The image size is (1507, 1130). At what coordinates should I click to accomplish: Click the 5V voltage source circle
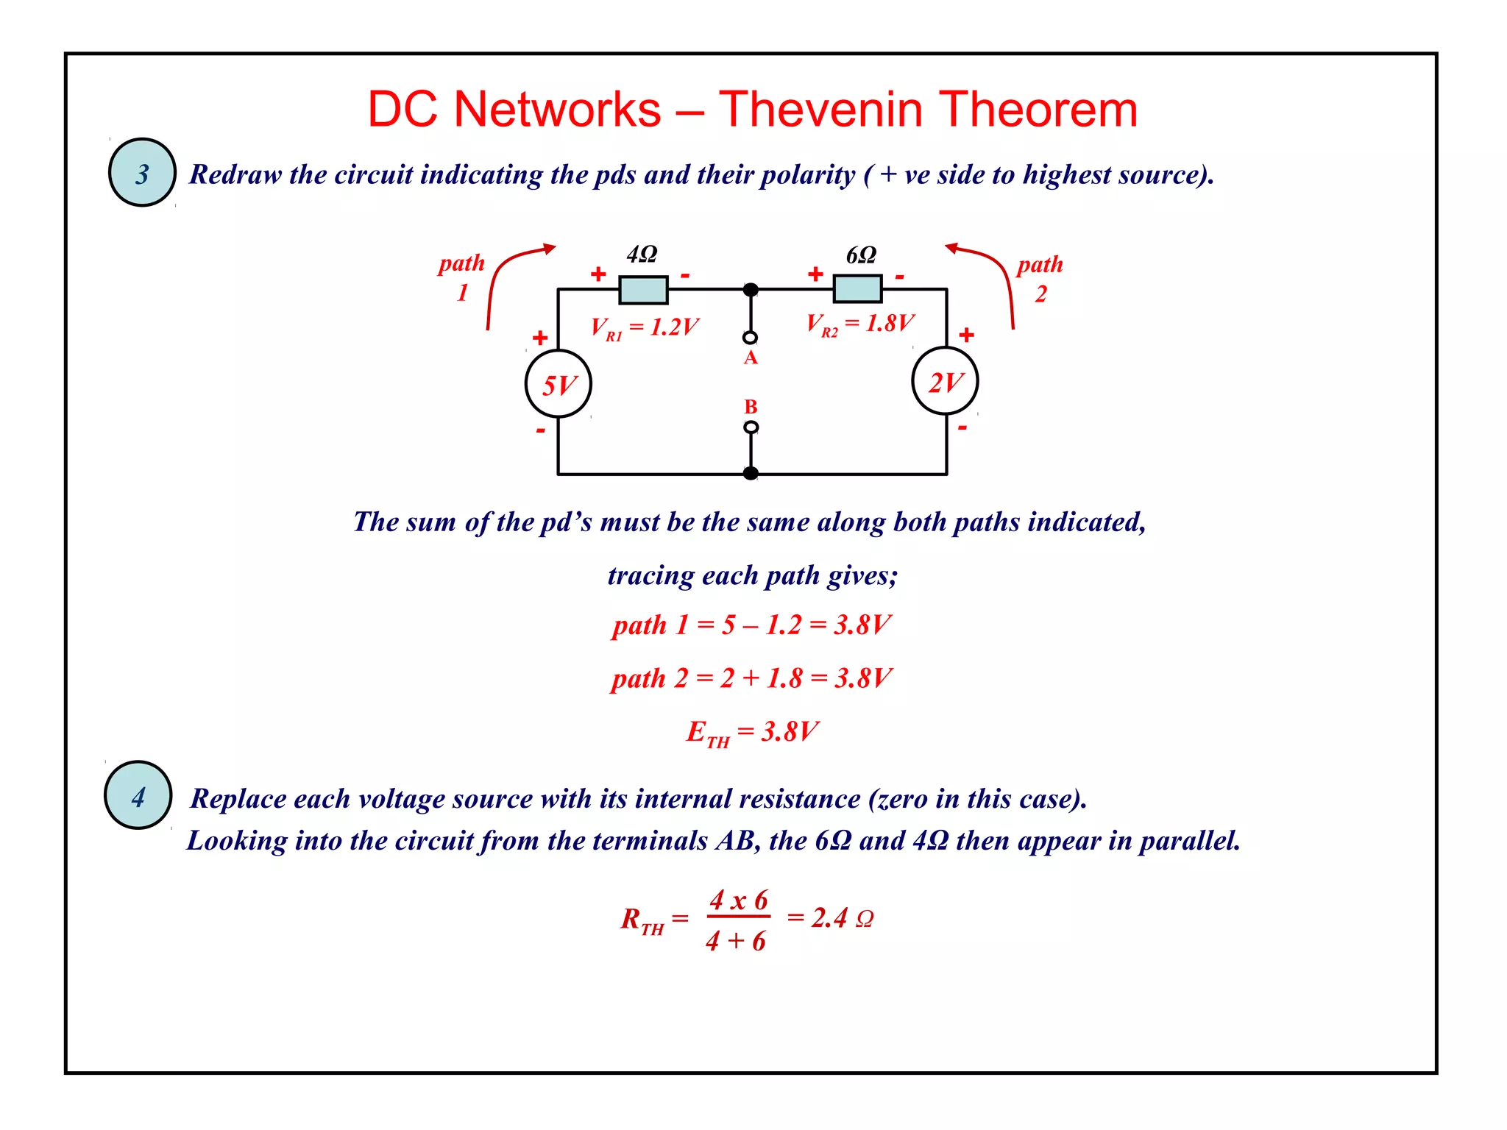(x=559, y=384)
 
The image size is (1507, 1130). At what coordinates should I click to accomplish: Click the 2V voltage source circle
(x=945, y=382)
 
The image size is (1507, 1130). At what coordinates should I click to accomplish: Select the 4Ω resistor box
(x=643, y=290)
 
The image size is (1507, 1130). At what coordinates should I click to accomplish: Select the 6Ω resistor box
(x=857, y=288)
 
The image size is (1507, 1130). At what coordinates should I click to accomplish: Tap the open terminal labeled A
(x=750, y=338)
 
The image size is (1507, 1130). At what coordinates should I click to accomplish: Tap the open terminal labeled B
(x=751, y=427)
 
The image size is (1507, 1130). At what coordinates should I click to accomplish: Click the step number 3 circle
(x=142, y=173)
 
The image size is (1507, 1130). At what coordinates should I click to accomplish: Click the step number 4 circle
(x=138, y=795)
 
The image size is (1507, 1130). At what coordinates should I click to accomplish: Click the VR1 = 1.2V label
(x=645, y=327)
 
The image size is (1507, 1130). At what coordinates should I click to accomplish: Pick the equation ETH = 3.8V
(x=751, y=733)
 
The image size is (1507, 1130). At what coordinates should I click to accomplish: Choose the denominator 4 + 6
(x=736, y=941)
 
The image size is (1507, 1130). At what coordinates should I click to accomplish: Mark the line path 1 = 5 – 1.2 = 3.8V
(x=751, y=625)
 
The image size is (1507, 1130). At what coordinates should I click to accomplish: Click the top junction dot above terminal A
(x=751, y=290)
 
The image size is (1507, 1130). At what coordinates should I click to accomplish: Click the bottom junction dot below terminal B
(x=751, y=473)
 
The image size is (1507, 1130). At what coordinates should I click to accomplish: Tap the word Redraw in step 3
(x=235, y=174)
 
